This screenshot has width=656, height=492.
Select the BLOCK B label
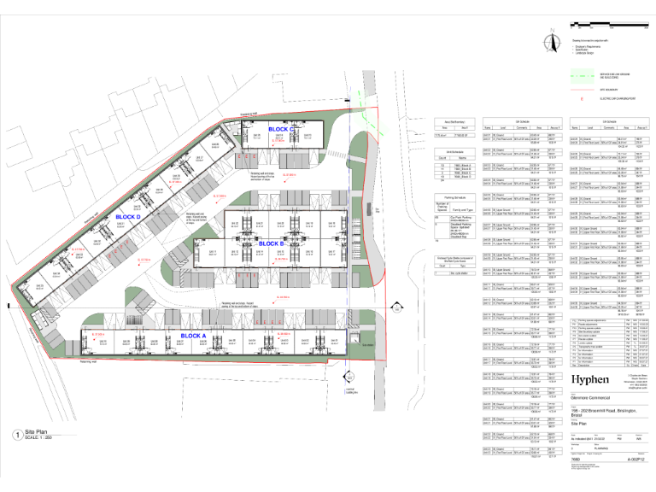(271, 244)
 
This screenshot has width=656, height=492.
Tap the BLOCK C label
(281, 130)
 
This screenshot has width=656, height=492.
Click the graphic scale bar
(609, 32)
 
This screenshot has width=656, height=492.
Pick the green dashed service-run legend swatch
(582, 71)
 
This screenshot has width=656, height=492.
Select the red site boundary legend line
(582, 86)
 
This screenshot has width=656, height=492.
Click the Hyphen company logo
(589, 378)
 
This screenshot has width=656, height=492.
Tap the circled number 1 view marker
(17, 435)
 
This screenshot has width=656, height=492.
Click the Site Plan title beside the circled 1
(38, 432)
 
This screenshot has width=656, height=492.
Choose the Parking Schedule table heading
(454, 195)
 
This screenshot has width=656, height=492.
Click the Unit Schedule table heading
(454, 151)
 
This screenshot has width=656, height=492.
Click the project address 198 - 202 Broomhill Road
(600, 411)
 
